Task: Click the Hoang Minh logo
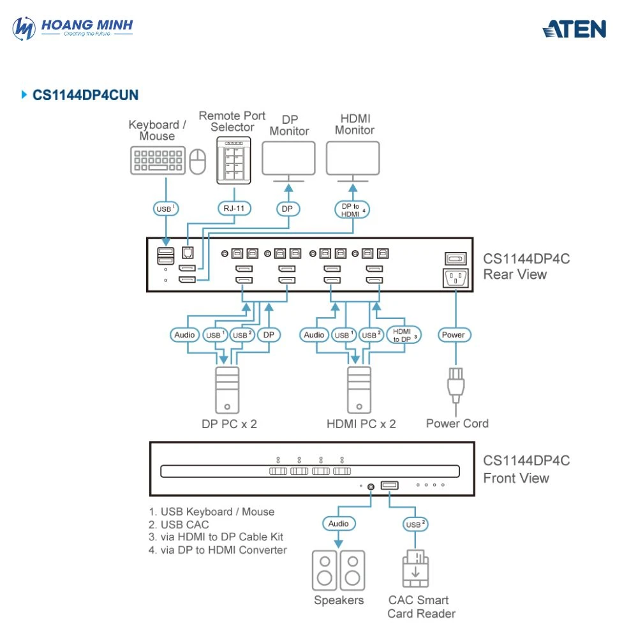point(73,28)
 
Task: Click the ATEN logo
point(574,29)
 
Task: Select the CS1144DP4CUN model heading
point(85,96)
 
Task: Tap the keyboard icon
point(158,160)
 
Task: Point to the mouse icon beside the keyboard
point(198,161)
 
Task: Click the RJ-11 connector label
point(234,208)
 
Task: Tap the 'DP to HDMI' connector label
point(352,210)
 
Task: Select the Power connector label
point(453,335)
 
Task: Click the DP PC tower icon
point(226,390)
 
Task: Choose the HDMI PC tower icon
point(359,390)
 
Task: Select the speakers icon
point(338,570)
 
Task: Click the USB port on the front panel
point(389,486)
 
